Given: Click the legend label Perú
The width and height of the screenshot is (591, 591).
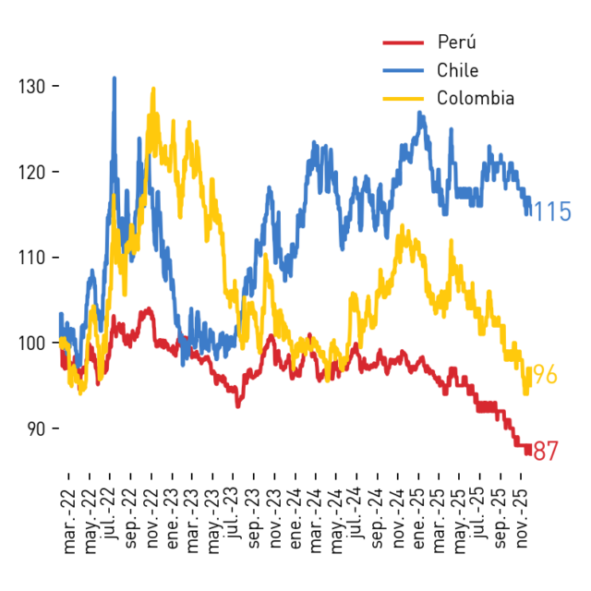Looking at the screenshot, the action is [456, 42].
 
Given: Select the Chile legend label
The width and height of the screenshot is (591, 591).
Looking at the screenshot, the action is [458, 70].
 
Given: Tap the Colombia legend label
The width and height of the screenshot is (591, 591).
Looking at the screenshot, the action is [476, 99].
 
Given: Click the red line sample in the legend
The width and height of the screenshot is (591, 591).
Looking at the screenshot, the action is [404, 42].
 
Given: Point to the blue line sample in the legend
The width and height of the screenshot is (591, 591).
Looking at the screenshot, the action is [404, 70].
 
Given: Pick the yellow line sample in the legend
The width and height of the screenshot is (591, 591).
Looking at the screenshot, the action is [404, 99].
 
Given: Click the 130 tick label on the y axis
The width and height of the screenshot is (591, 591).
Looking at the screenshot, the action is [32, 87].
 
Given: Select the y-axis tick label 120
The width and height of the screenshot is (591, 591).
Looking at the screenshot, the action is [32, 173].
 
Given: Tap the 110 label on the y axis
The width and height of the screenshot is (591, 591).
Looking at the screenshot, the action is [32, 259].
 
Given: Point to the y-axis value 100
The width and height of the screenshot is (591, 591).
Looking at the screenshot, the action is [32, 344].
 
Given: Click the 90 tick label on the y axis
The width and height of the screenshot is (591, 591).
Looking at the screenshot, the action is [37, 428].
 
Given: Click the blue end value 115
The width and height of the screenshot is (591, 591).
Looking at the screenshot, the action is [552, 211].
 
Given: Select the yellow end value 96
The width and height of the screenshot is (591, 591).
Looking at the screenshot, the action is [546, 375].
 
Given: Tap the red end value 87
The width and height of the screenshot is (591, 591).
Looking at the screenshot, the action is [546, 451].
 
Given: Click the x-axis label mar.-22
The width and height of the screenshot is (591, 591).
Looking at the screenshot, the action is [69, 522].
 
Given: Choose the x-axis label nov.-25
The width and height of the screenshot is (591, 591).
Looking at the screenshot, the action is [521, 519].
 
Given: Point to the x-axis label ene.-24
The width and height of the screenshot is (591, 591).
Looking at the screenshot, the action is [295, 519].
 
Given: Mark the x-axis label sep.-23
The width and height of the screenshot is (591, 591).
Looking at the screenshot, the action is [255, 519].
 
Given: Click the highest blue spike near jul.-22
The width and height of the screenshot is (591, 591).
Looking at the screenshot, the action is [115, 78].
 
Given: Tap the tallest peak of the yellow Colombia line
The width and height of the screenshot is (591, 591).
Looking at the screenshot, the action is [153, 89].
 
